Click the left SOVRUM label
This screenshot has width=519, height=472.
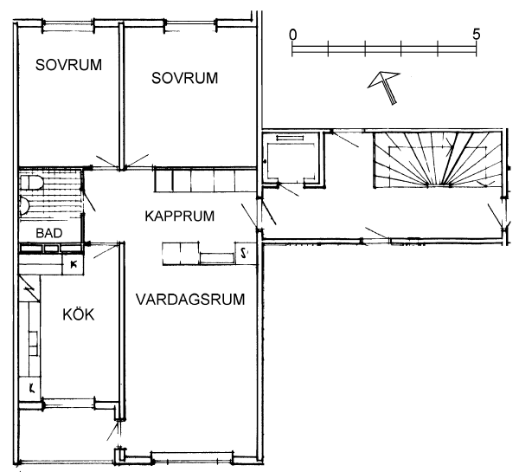click(x=68, y=65)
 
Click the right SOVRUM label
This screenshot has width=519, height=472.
click(x=185, y=78)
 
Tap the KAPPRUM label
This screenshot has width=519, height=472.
click(x=180, y=217)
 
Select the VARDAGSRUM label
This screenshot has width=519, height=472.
click(x=190, y=299)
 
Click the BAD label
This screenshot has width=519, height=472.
click(x=49, y=233)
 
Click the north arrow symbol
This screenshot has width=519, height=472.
click(x=385, y=87)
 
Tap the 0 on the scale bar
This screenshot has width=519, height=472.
click(x=293, y=35)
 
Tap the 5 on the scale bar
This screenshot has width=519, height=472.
click(x=476, y=34)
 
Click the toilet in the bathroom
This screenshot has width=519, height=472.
click(x=30, y=183)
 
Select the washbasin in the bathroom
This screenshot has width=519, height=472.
click(x=25, y=206)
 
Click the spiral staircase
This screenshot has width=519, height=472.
click(x=437, y=159)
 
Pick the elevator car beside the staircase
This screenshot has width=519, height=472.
click(x=291, y=159)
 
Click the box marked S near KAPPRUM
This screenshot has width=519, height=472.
click(x=246, y=253)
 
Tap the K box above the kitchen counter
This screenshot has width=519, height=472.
click(x=74, y=264)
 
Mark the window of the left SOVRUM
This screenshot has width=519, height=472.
click(x=68, y=25)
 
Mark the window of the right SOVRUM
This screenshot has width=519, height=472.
click(x=190, y=25)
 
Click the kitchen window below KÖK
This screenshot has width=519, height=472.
click(x=69, y=404)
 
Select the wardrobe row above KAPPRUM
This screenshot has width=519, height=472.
click(x=205, y=179)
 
